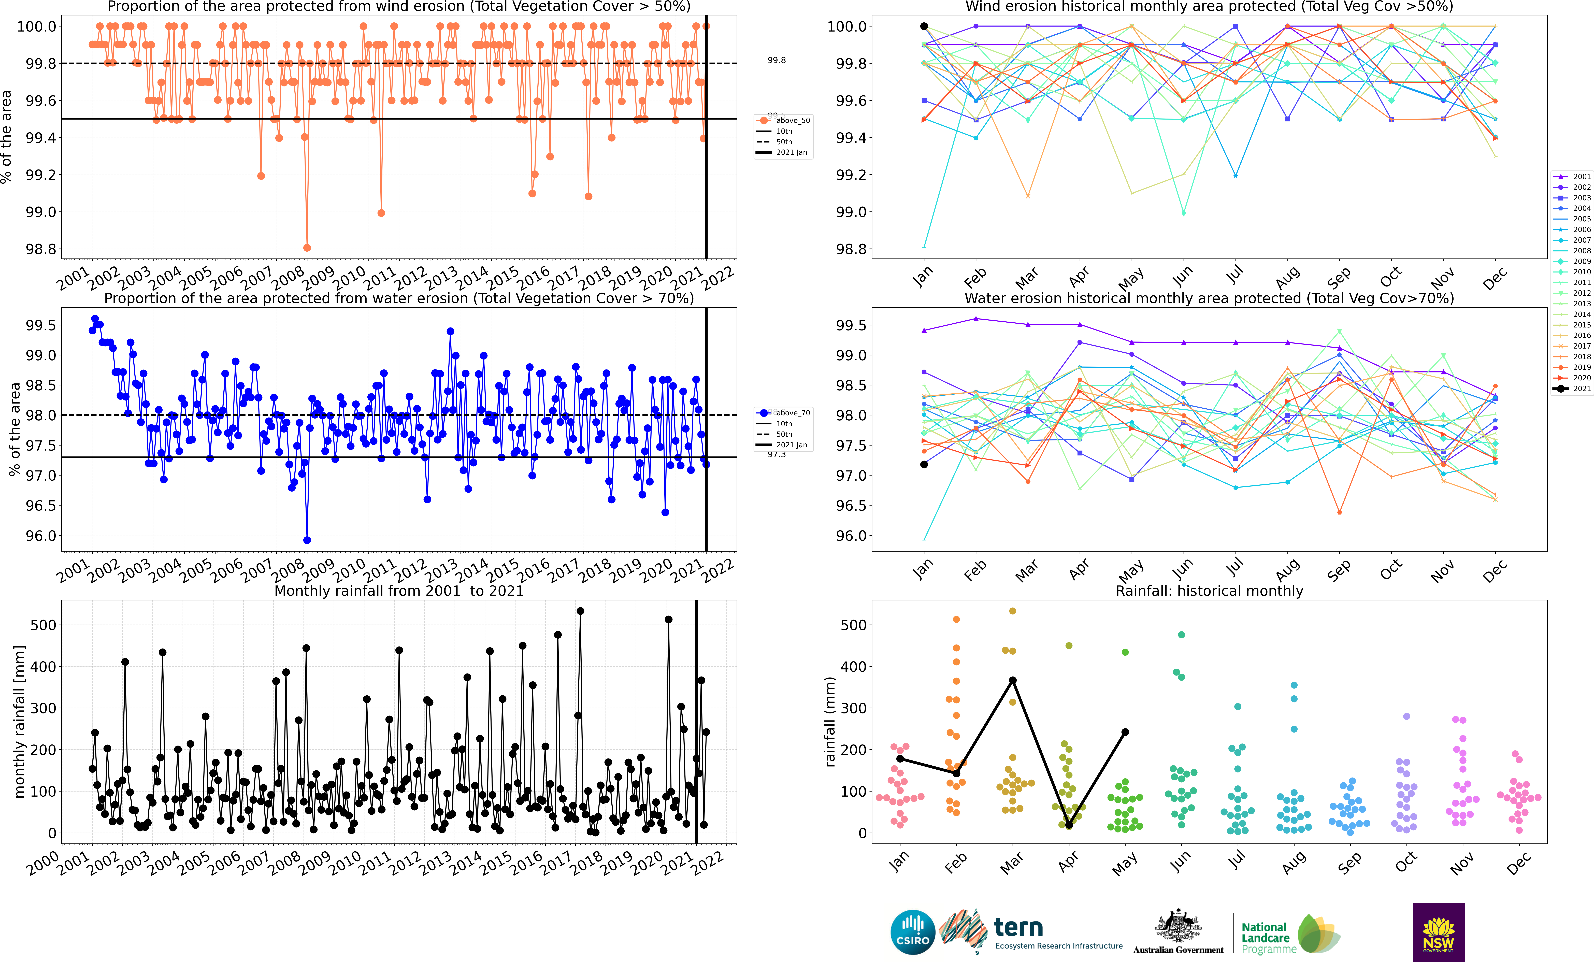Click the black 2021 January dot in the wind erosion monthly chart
tap(924, 26)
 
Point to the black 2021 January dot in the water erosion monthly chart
tap(924, 465)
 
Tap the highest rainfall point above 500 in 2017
tap(580, 611)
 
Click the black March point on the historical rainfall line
tap(1012, 680)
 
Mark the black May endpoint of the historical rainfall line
tap(1125, 732)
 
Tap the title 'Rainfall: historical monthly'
tap(1209, 591)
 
